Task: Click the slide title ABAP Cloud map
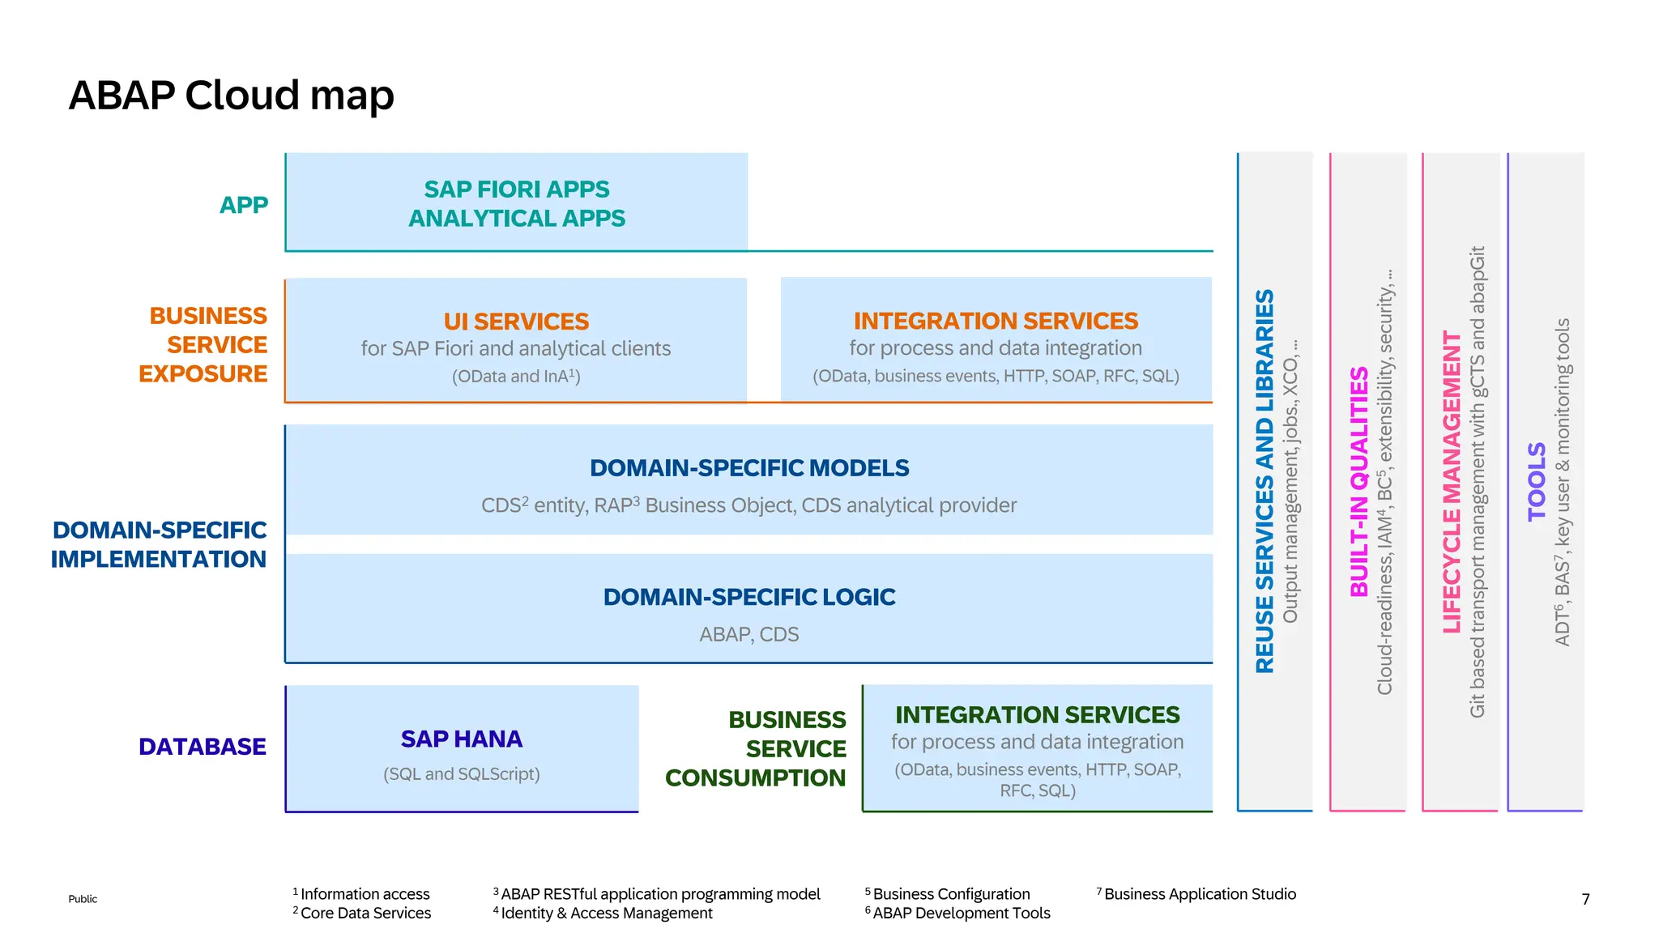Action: point(231,96)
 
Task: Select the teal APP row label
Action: point(244,205)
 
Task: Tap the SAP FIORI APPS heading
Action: point(516,190)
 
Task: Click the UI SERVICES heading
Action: point(516,322)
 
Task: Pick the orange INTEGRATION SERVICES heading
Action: point(996,321)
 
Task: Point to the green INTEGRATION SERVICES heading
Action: point(1037,714)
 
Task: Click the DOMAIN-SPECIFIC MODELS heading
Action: point(749,468)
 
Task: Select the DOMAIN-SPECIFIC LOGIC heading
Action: point(749,597)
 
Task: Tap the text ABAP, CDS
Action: point(749,634)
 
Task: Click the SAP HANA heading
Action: point(462,739)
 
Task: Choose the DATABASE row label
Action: point(202,746)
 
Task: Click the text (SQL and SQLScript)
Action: point(462,773)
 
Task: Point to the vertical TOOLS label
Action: point(1537,481)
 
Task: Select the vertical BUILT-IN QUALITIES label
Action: point(1359,482)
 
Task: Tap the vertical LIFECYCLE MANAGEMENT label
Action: point(1452,482)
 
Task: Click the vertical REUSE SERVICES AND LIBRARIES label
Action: point(1265,481)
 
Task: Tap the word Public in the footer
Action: point(83,899)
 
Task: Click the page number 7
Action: point(1585,899)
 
